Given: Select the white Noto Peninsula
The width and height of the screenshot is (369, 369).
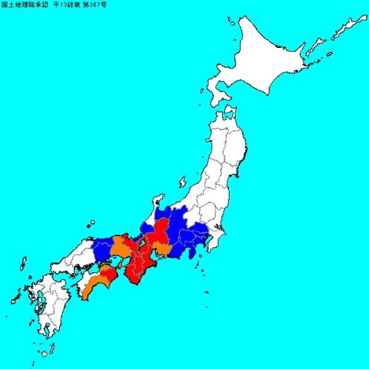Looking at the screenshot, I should [x=156, y=202].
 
